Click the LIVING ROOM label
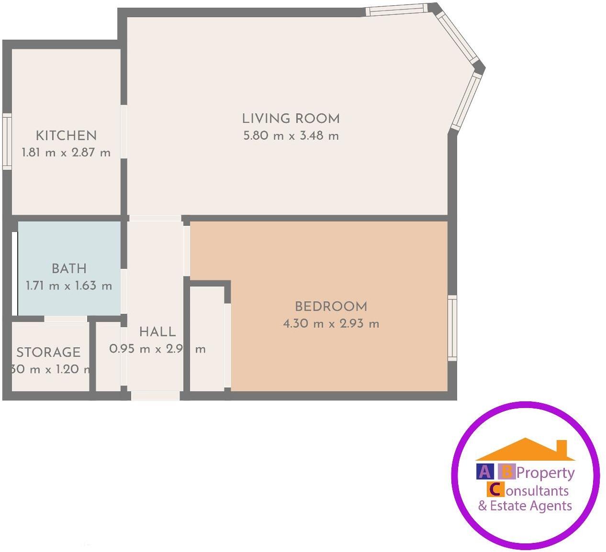tap(291, 119)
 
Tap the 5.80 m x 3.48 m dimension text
tap(291, 136)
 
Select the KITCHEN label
tap(66, 135)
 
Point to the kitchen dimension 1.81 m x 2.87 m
tap(66, 153)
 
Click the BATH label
tap(69, 268)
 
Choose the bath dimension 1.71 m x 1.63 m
tap(69, 286)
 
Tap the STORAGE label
tap(48, 353)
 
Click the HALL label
tap(157, 331)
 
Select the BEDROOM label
tap(331, 306)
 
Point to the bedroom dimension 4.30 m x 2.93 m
tap(331, 324)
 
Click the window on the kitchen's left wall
tap(7, 141)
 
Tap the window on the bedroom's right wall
tap(452, 328)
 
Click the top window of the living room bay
tap(396, 10)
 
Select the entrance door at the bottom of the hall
tap(156, 396)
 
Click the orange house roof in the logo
tap(526, 450)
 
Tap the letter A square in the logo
tap(484, 472)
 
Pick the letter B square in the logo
tap(506, 472)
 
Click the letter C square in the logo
tap(495, 489)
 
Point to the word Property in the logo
tap(545, 473)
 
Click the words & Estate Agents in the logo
tap(525, 506)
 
